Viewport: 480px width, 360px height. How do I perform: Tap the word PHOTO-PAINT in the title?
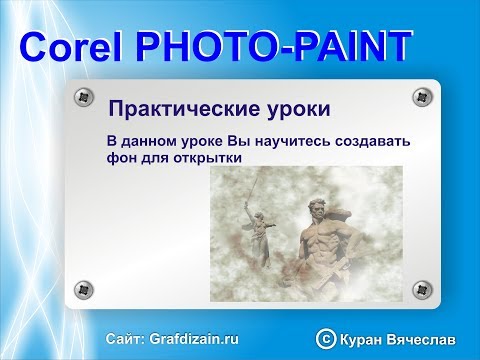coord(273,47)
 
